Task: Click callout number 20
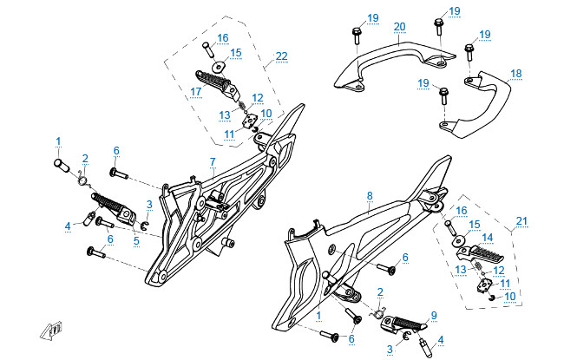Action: click(x=399, y=27)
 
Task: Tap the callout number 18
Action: click(x=516, y=74)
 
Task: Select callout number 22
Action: click(x=280, y=56)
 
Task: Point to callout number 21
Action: click(x=521, y=220)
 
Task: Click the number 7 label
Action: click(x=212, y=162)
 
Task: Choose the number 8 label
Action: click(x=370, y=196)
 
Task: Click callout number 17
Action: click(x=196, y=90)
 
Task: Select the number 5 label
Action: click(x=136, y=240)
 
